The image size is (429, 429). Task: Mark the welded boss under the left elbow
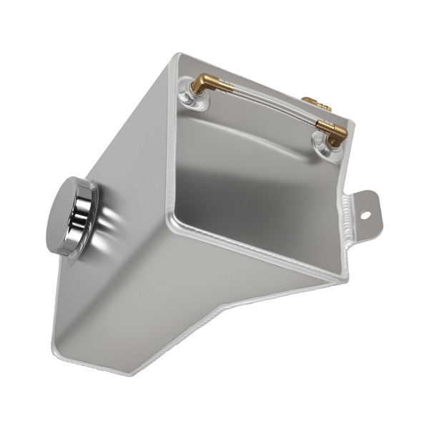click(x=196, y=99)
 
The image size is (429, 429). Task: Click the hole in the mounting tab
click(x=365, y=214)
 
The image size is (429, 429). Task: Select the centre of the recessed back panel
click(x=257, y=179)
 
